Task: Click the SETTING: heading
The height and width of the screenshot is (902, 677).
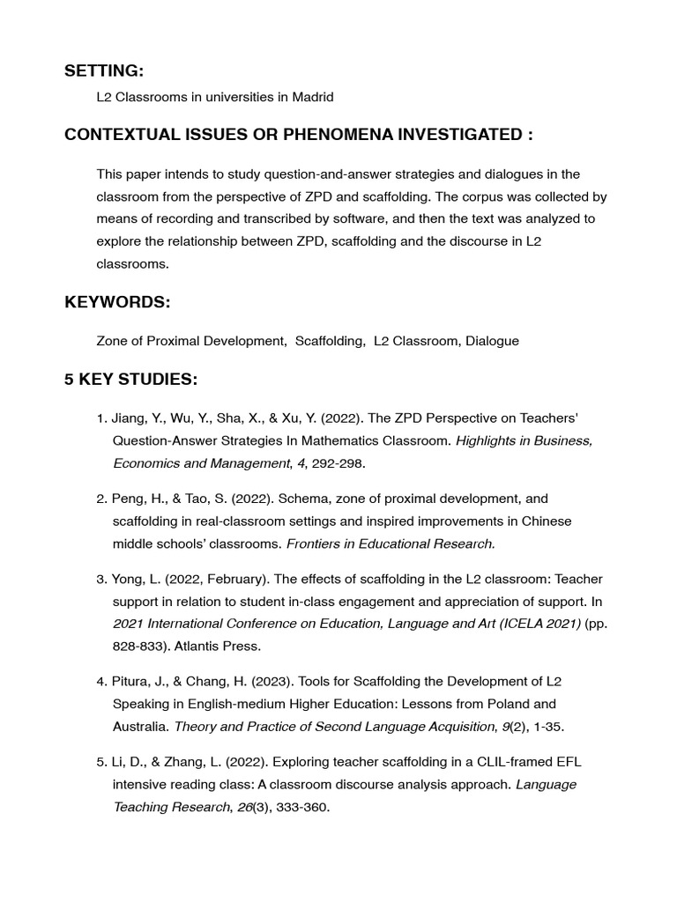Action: (x=104, y=70)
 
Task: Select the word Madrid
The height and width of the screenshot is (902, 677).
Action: (x=313, y=97)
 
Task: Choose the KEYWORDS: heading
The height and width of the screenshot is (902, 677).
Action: (x=117, y=302)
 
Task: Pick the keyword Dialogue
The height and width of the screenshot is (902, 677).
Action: (x=492, y=340)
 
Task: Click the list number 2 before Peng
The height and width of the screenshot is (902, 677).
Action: (x=100, y=499)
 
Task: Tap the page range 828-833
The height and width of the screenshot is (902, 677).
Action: (x=137, y=646)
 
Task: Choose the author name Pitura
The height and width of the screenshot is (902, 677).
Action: (x=132, y=682)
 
